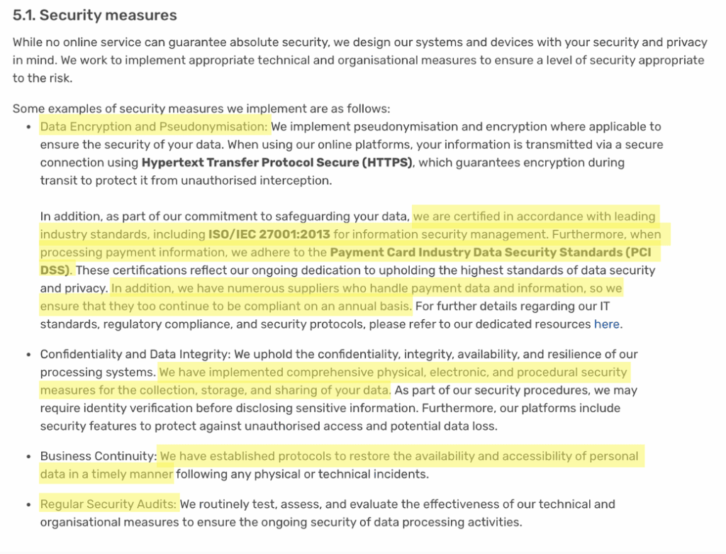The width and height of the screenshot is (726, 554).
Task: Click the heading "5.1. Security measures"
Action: pos(94,15)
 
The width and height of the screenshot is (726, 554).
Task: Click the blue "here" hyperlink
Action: pos(607,324)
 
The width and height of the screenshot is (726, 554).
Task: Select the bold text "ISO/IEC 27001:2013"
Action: pos(269,234)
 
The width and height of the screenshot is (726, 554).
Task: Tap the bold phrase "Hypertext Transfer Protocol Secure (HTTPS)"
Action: pos(277,162)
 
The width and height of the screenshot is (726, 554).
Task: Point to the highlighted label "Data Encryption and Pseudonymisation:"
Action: pos(155,127)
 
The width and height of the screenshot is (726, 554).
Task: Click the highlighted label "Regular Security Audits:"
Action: pos(108,504)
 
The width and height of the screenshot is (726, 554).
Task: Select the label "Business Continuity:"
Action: pos(98,456)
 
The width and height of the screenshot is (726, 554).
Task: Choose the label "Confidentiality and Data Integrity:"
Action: pos(135,354)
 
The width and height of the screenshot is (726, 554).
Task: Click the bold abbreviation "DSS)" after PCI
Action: pos(56,270)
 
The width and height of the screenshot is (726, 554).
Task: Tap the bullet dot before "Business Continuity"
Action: pos(28,457)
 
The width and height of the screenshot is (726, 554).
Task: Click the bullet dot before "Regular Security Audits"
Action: pos(28,505)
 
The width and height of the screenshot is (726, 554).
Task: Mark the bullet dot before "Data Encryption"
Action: pos(28,128)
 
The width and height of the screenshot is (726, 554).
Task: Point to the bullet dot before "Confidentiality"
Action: pos(28,355)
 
